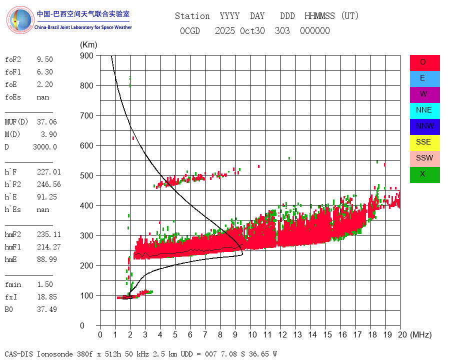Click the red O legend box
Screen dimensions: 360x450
click(x=424, y=62)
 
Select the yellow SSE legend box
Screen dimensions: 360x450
click(x=424, y=142)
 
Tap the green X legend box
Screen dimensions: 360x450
click(x=424, y=174)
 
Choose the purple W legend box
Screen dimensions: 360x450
click(x=424, y=94)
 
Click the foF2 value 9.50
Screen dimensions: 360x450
click(x=44, y=59)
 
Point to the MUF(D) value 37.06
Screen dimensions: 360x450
click(x=48, y=121)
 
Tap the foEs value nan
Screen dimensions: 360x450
click(x=42, y=97)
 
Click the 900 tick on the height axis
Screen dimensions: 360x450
click(x=86, y=55)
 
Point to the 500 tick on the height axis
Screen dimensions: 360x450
click(x=86, y=175)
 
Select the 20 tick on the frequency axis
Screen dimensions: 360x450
click(x=400, y=334)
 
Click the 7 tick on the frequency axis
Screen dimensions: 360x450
click(x=205, y=334)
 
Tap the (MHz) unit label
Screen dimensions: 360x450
click(x=420, y=334)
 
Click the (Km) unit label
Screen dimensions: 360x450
click(x=88, y=45)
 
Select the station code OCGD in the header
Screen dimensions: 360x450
click(x=189, y=31)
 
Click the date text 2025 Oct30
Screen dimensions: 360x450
click(x=240, y=31)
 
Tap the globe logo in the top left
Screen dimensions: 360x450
click(x=20, y=20)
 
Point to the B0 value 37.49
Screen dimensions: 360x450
click(x=46, y=309)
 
